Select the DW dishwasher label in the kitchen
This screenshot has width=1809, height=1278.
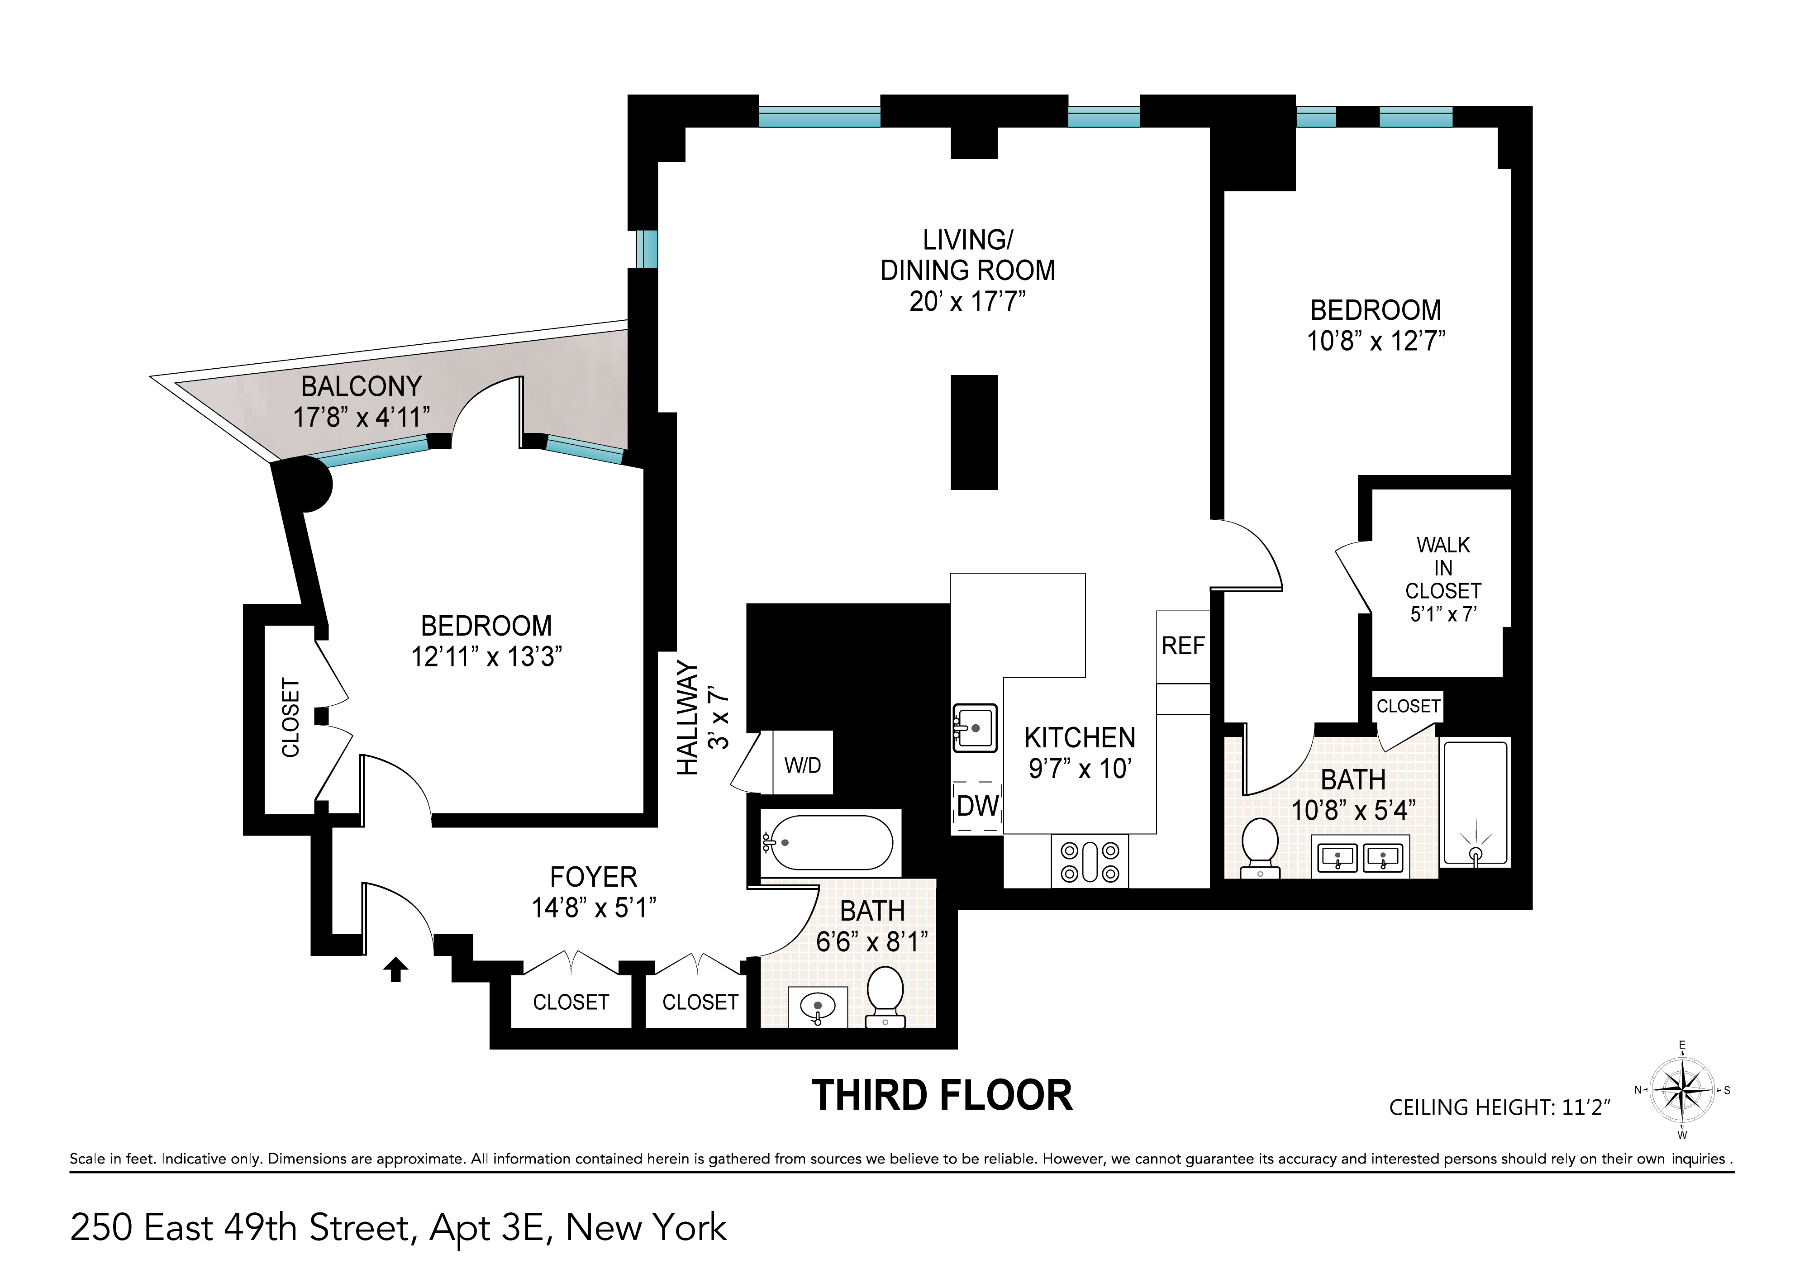[977, 806]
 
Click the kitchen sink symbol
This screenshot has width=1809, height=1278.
[975, 727]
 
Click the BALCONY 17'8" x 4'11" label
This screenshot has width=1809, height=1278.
[362, 402]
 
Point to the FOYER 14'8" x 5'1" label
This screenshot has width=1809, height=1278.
[593, 893]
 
